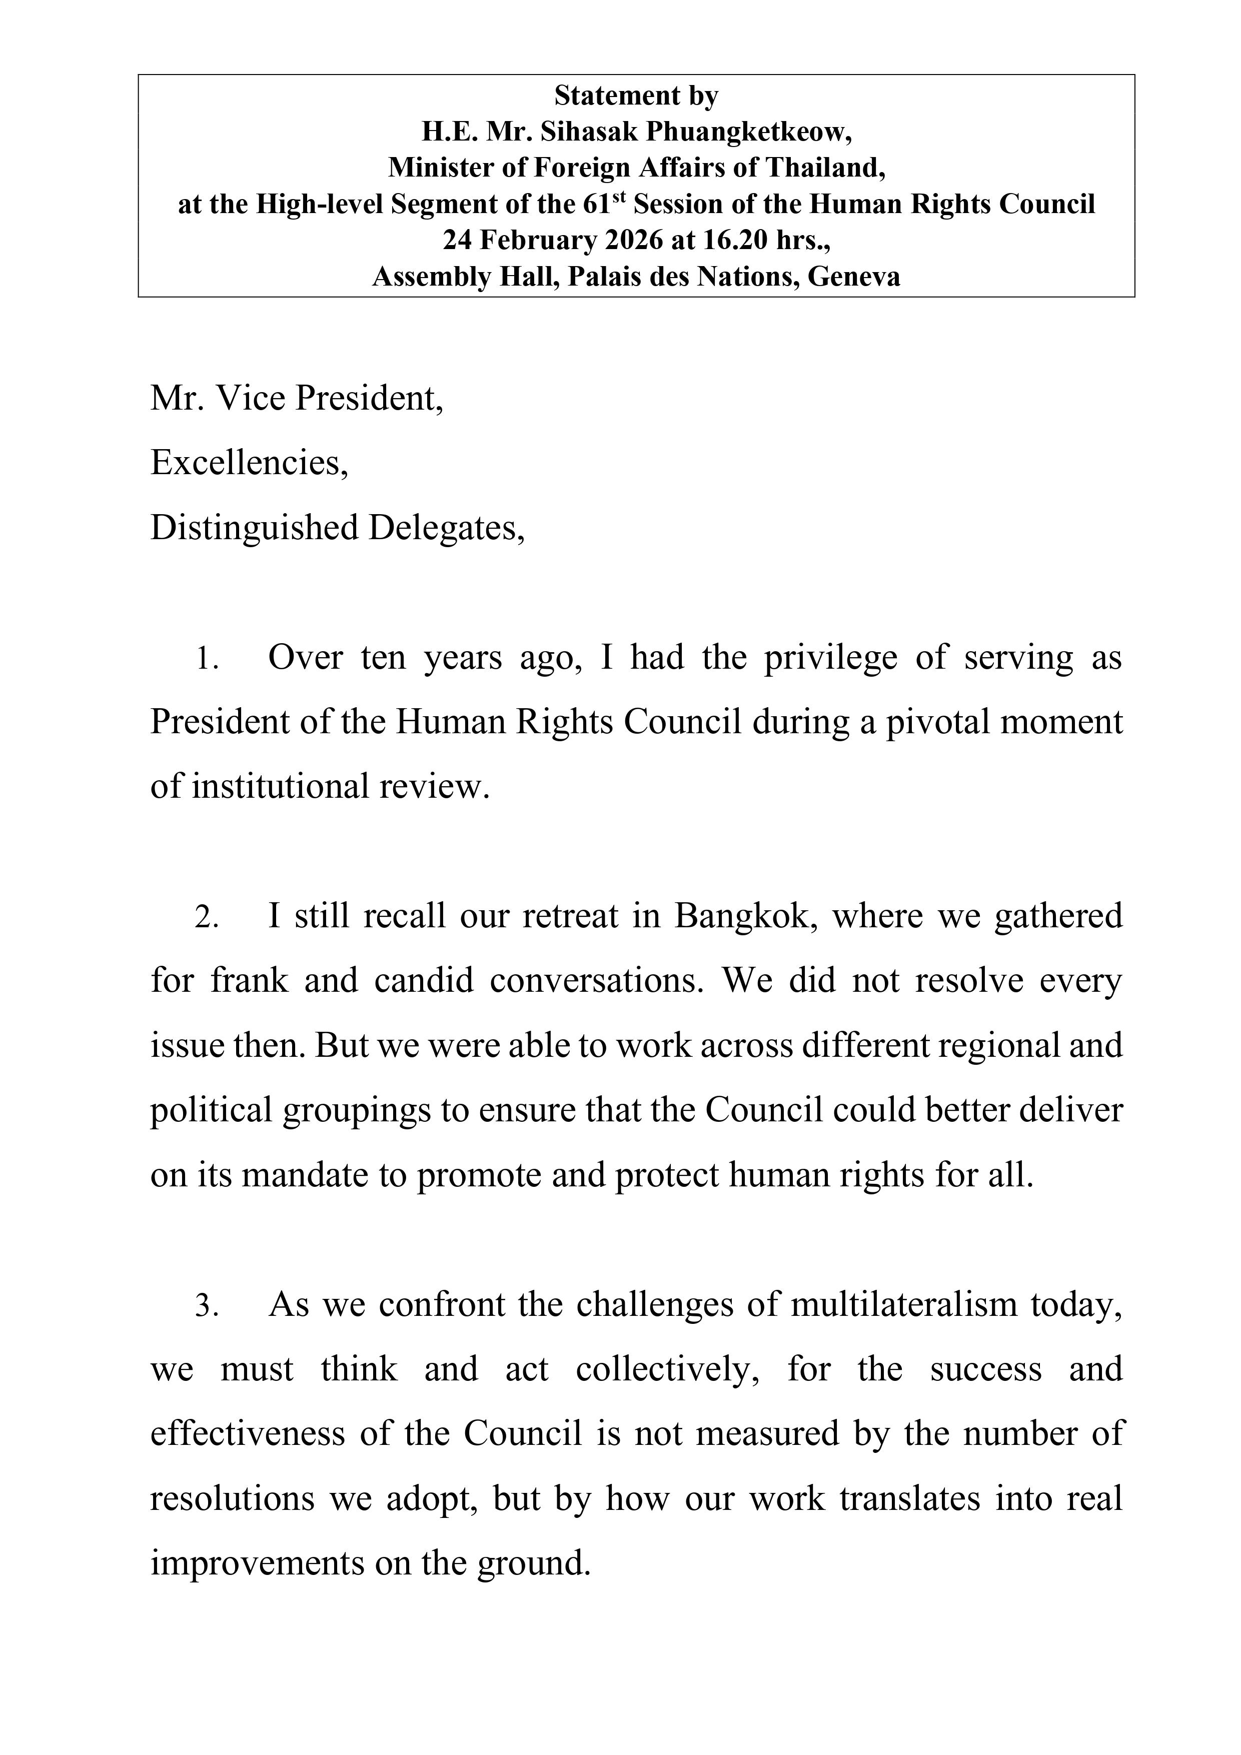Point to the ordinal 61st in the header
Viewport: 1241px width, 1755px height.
tap(610, 204)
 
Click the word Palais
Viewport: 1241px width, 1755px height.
tap(605, 276)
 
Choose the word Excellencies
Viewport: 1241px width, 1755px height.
tap(249, 462)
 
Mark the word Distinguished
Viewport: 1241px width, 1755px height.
tap(254, 527)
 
